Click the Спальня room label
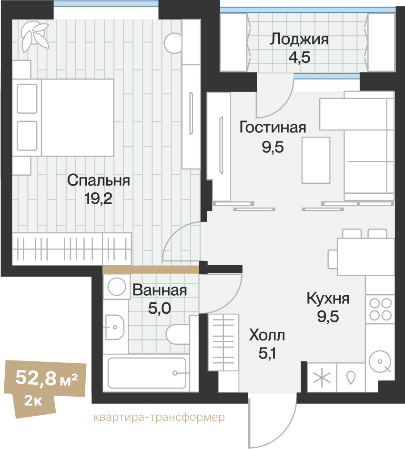pos(98,180)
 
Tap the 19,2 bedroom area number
pos(98,199)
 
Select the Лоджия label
pos(299,40)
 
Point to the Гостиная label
pos(273,128)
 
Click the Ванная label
pos(160,290)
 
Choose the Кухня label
pos(328,299)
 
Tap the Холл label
pos(267,335)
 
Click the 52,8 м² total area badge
pos(46,378)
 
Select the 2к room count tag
pos(33,401)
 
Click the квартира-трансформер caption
pos(159,417)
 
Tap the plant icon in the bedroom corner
pos(35,37)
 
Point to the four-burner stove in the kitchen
pos(380,309)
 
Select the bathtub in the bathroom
pos(147,373)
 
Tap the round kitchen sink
pos(380,361)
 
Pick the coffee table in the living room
pos(316,160)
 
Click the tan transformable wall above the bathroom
pos(151,269)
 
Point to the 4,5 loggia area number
pos(299,57)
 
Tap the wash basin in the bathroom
pos(115,327)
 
